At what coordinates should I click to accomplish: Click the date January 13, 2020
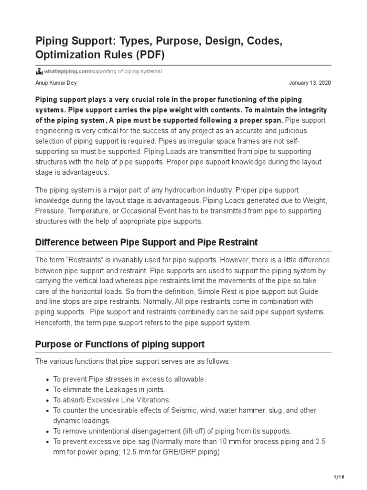tap(310, 82)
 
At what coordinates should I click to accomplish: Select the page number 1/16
tap(338, 478)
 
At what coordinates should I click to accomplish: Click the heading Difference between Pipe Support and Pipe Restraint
tap(146, 243)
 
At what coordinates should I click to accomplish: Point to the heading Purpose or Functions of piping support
tap(120, 344)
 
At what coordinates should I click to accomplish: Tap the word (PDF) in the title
tap(150, 54)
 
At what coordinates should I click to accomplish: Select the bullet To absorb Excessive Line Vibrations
tap(111, 400)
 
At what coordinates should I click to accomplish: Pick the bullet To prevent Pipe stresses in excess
tap(129, 379)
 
